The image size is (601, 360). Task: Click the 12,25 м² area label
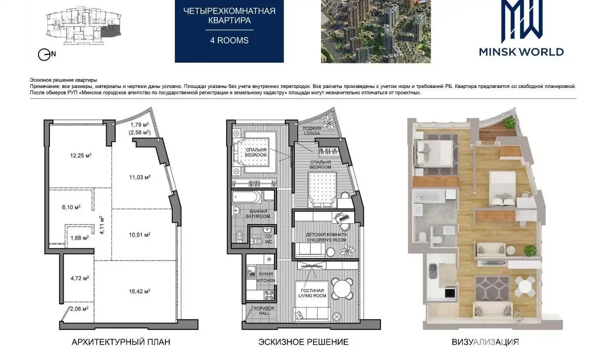coord(81,156)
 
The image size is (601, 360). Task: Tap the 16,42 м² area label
coord(140,291)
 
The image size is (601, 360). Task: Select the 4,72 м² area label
coord(80,278)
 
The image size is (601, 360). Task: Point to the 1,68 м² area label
coord(80,238)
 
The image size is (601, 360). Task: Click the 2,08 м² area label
coord(80,309)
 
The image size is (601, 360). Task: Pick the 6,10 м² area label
coord(71,207)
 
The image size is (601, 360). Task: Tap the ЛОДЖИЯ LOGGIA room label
coord(312,131)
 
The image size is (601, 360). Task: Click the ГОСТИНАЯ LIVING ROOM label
coord(312,293)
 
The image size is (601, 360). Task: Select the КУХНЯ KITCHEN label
coord(266,277)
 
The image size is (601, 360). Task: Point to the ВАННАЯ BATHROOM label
coord(258,214)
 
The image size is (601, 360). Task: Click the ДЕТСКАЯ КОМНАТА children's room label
coord(326,237)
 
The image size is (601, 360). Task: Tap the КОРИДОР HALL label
coord(264,311)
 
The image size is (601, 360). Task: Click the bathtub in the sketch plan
coord(246,197)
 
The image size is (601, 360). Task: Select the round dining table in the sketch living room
coord(342,288)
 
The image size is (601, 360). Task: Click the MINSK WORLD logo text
coord(521,52)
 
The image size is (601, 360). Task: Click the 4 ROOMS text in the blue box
coord(230,40)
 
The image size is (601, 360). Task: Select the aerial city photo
coord(376,32)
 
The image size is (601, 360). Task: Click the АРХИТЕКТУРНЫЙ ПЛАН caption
coord(121,342)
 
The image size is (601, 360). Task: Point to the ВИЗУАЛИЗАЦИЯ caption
coord(485,342)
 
